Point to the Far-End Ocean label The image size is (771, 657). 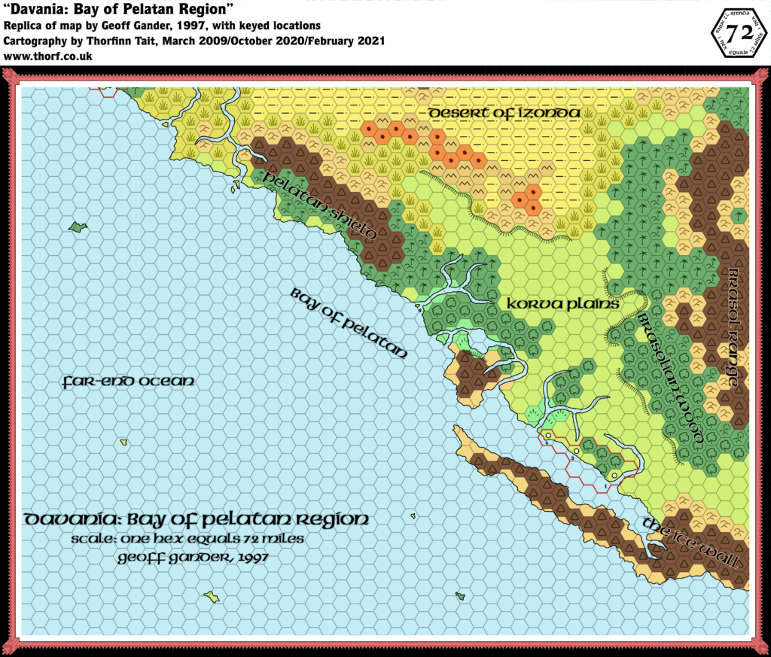[129, 382]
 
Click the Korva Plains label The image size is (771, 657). [563, 305]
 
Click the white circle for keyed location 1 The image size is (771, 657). [614, 475]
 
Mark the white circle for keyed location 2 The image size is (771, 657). [577, 451]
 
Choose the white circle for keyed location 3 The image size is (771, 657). [549, 436]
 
